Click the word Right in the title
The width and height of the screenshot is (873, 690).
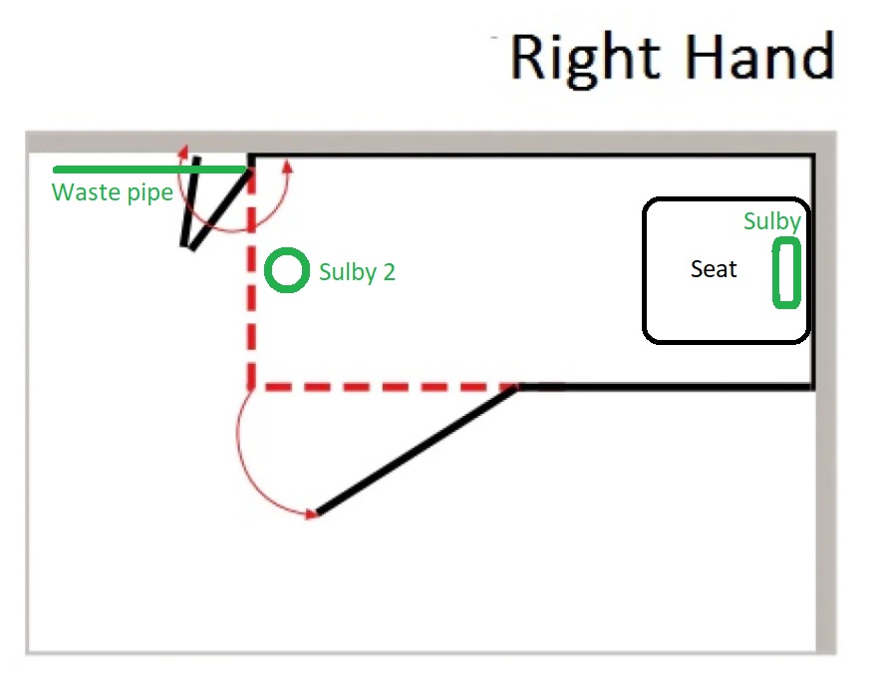[x=585, y=60]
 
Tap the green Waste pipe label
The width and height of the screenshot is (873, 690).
[x=113, y=193]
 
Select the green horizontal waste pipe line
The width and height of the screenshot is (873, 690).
[x=149, y=170]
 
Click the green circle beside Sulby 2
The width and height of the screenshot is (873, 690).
[x=287, y=270]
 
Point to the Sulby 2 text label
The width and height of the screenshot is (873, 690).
[x=357, y=272]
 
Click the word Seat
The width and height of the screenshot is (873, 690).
[x=714, y=269]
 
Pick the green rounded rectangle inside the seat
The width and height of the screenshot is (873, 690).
[x=786, y=272]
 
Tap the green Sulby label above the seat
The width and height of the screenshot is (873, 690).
[x=772, y=221]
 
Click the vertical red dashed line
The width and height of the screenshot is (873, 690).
[x=252, y=278]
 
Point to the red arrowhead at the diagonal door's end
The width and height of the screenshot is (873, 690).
[x=312, y=514]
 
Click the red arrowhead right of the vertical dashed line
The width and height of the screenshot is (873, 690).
[x=287, y=166]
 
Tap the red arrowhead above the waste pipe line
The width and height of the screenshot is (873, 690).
[x=183, y=151]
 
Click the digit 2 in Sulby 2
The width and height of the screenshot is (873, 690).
[x=389, y=272]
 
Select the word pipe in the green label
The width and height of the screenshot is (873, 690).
[x=150, y=194]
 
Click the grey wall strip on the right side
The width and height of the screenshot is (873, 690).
[x=826, y=393]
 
